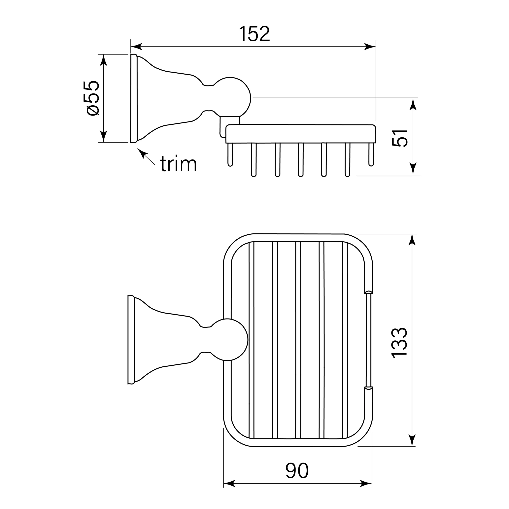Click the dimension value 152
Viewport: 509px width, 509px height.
[x=254, y=34]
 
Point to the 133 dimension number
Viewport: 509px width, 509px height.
[x=400, y=343]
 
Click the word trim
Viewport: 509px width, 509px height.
[x=178, y=164]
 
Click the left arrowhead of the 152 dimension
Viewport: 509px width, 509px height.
[x=136, y=47]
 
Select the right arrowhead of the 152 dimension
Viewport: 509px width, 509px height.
[x=370, y=47]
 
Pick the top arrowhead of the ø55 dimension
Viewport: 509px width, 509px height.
[x=104, y=60]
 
